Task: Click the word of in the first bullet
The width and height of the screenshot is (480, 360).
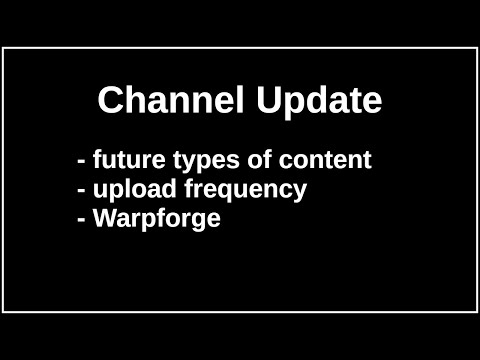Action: pyautogui.click(x=243, y=160)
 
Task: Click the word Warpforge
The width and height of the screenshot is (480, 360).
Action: pyautogui.click(x=156, y=219)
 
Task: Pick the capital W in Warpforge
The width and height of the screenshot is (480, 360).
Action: pyautogui.click(x=104, y=218)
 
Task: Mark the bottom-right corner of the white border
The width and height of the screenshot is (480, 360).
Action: pyautogui.click(x=476, y=312)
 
